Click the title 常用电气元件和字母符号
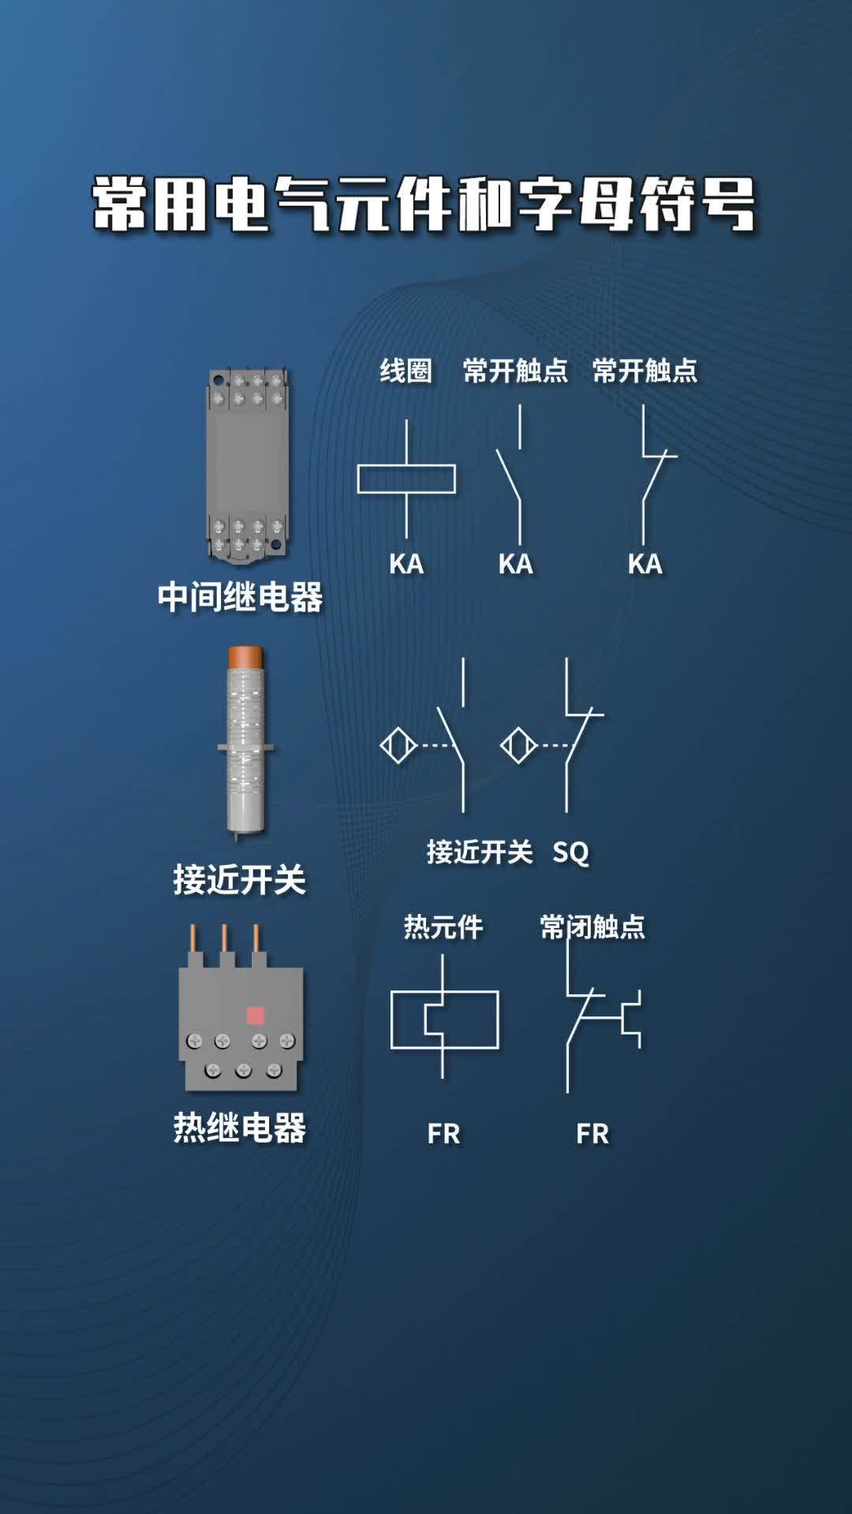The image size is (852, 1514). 424,205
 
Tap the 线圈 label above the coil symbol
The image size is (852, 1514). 405,371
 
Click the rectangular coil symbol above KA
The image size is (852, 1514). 406,479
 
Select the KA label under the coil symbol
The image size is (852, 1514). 406,564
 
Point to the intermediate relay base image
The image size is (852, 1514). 247,465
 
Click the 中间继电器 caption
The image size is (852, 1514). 240,598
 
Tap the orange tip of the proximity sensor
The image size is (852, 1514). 245,657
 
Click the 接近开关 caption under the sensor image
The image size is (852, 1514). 239,879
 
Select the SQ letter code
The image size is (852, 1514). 570,852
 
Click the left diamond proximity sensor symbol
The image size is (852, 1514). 398,745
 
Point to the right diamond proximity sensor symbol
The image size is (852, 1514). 518,745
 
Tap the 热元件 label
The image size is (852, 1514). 443,927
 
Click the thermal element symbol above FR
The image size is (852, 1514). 444,1019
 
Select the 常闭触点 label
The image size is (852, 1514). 592,927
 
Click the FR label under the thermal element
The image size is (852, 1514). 443,1134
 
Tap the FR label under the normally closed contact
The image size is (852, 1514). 592,1134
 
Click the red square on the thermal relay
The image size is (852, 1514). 256,1015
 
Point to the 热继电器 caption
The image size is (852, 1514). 239,1128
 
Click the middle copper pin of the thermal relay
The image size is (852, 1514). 225,938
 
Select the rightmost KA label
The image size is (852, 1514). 645,564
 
